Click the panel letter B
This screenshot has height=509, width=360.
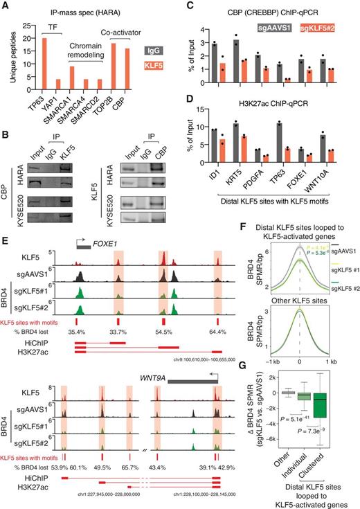(6, 136)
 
